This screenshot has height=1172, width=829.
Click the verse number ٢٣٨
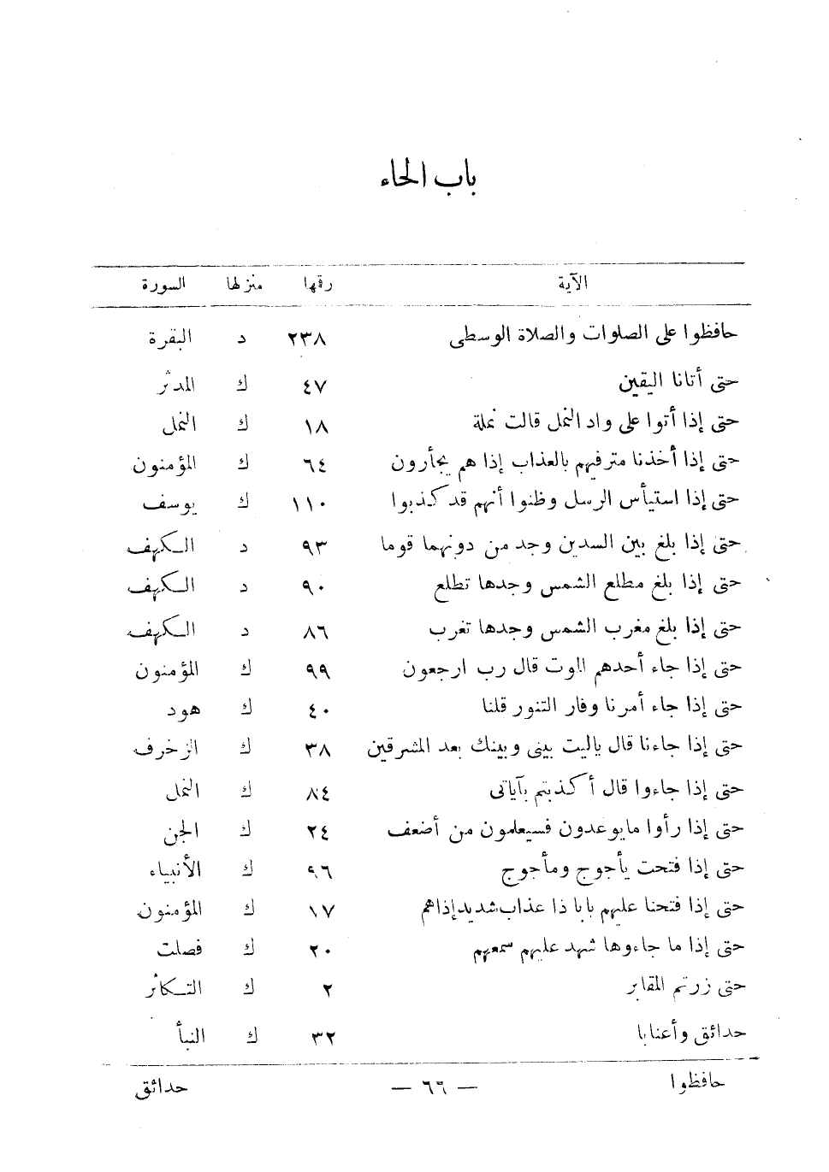click(309, 339)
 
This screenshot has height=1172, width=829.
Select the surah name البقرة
click(170, 339)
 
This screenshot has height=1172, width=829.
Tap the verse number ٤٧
click(314, 386)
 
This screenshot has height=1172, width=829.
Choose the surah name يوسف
click(167, 504)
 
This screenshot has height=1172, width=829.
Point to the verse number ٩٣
click(315, 546)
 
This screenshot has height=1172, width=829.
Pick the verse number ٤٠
click(315, 710)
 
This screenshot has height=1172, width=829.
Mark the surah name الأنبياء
click(175, 870)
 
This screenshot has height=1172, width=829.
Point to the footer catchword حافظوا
click(696, 1084)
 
